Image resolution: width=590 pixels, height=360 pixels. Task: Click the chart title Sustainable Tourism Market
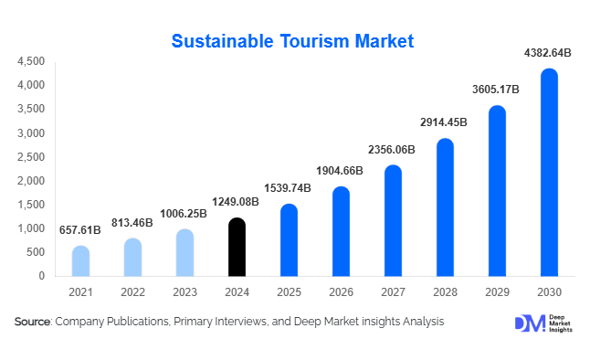(293, 41)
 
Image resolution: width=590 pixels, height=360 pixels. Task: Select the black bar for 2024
(237, 247)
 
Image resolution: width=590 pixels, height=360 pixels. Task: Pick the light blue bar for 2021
(81, 260)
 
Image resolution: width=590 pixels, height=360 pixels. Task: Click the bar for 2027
(393, 220)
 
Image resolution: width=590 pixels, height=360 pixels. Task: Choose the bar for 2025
(289, 239)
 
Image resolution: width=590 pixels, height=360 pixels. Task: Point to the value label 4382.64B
(548, 54)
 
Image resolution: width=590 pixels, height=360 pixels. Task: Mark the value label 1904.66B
(341, 172)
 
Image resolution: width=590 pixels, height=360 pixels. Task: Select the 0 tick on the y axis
(42, 276)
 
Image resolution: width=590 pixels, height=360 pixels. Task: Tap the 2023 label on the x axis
(184, 291)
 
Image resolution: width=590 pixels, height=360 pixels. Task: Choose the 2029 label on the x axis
(497, 291)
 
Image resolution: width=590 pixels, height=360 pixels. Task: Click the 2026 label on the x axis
(341, 291)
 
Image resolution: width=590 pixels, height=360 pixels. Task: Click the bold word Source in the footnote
(32, 322)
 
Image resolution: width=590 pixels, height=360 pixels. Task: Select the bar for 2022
(133, 257)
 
